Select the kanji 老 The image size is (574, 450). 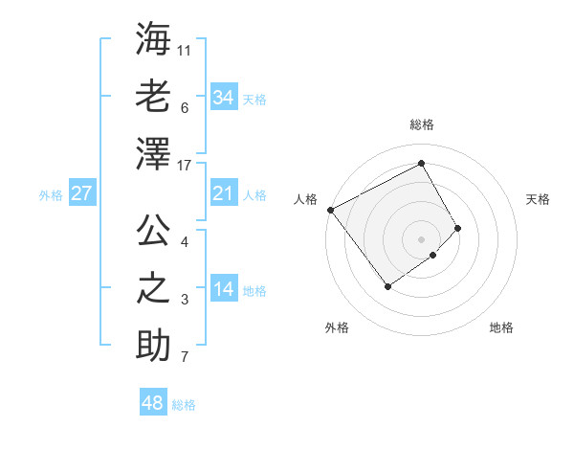pos(153,96)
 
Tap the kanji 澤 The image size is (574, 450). pos(153,153)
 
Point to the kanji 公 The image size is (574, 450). pos(153,230)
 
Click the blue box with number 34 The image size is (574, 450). pos(223,98)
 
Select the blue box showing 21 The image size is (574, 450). pos(223,194)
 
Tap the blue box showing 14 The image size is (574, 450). pos(223,290)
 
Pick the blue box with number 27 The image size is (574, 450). pos(81,193)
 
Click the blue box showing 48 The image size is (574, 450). pos(152,403)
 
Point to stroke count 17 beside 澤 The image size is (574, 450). pos(186,167)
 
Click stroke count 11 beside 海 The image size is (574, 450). pos(186,47)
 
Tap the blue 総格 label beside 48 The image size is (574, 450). pos(184,405)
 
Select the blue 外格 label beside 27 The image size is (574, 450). pos(51,195)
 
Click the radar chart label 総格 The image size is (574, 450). pos(422,124)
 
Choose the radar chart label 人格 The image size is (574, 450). pos(306,199)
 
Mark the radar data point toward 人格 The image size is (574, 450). pos(330,210)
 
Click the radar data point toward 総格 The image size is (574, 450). pos(422,163)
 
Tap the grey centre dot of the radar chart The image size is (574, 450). pos(422,238)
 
